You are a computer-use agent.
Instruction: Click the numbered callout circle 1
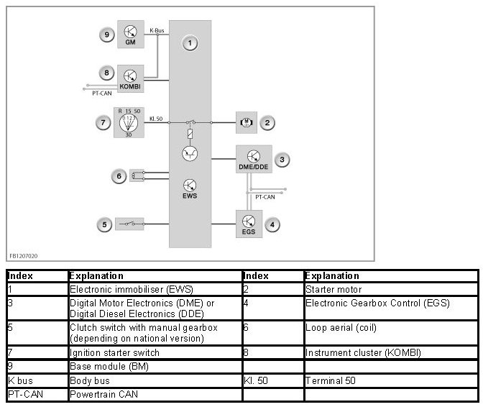pos(190,44)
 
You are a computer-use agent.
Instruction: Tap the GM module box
pos(130,34)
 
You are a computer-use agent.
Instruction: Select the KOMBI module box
pos(130,77)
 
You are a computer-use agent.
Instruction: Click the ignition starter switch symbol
pos(129,122)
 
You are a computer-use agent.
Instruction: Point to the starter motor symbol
pos(246,123)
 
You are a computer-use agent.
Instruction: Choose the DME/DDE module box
pos(254,160)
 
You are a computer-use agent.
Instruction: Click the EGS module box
pos(249,224)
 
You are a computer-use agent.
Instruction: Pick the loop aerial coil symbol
pos(137,175)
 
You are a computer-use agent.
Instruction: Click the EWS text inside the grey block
pos(190,196)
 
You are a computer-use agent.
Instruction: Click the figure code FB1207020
pos(23,255)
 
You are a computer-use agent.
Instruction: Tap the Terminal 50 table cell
pos(330,380)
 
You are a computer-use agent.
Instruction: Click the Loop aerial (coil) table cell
pos(341,327)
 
